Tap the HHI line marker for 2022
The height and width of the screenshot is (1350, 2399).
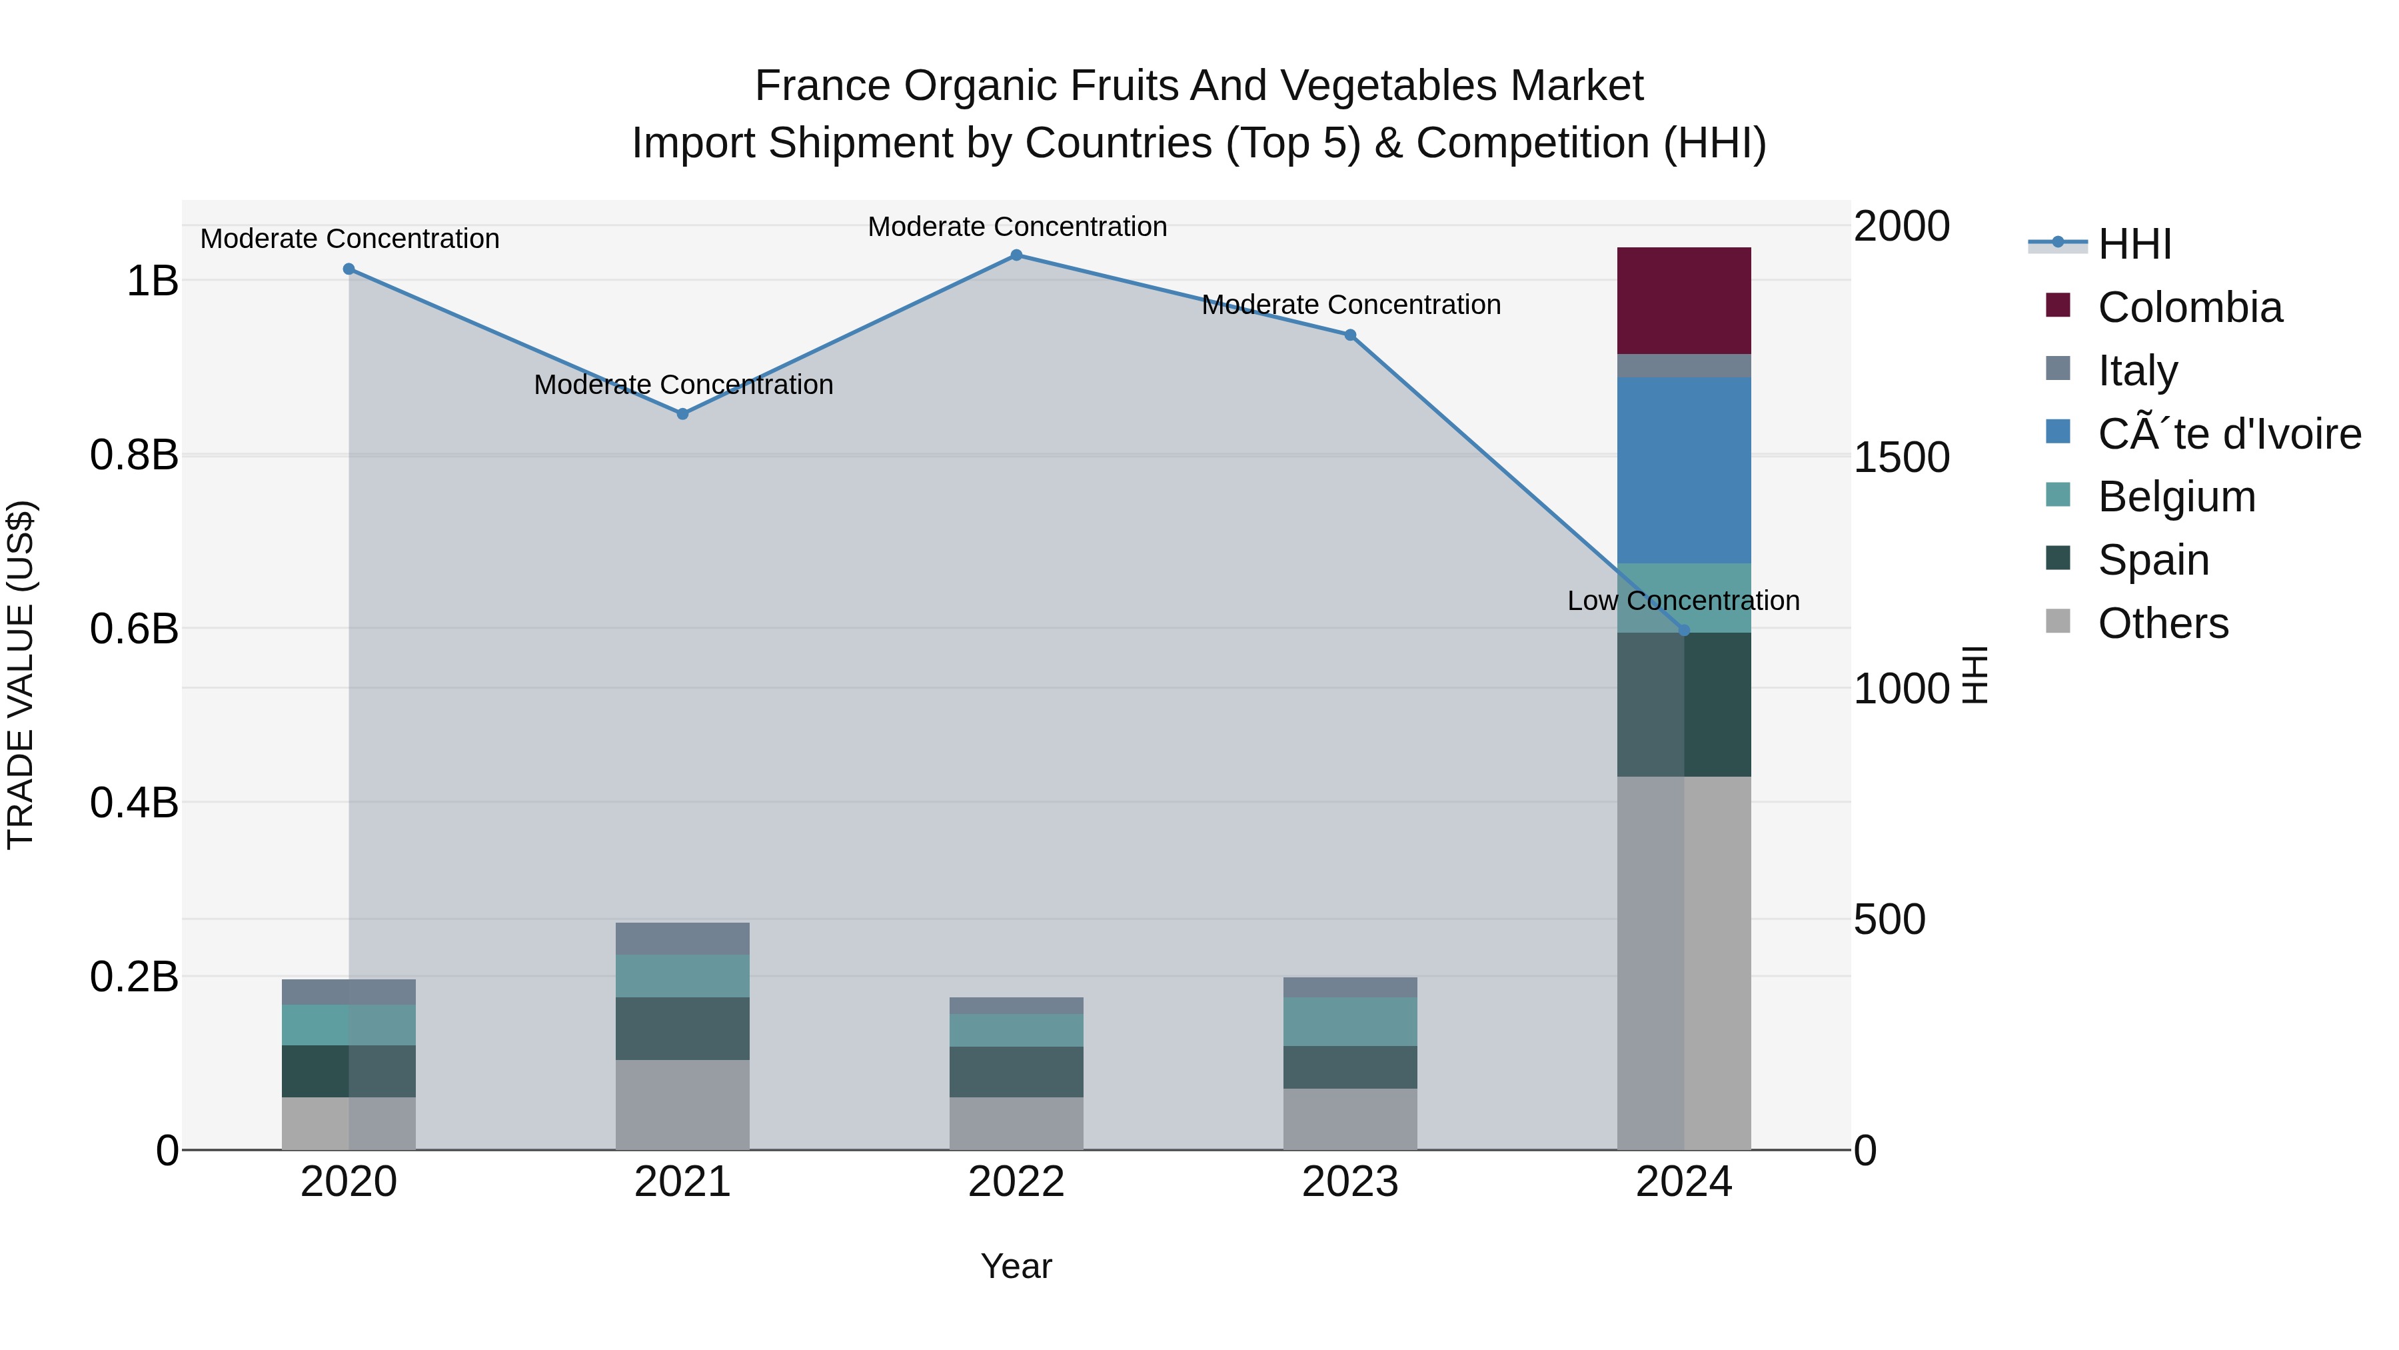[1016, 255]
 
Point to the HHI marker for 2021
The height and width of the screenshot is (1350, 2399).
[682, 413]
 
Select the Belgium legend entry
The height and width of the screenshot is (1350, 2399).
[2176, 497]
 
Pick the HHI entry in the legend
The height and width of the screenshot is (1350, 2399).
[2134, 244]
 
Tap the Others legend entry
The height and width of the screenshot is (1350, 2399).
[2162, 623]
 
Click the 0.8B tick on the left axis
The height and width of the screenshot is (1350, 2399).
[134, 455]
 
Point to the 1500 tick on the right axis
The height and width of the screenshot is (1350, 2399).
[1901, 457]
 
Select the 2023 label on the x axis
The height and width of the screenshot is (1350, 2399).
[1349, 1182]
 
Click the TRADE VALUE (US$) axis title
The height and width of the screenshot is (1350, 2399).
[21, 675]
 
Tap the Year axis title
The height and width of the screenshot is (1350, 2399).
[1016, 1266]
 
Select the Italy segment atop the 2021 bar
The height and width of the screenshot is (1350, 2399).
[682, 938]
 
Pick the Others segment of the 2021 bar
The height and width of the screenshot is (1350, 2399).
[682, 1104]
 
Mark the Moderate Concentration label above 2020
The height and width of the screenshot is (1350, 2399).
[349, 239]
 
